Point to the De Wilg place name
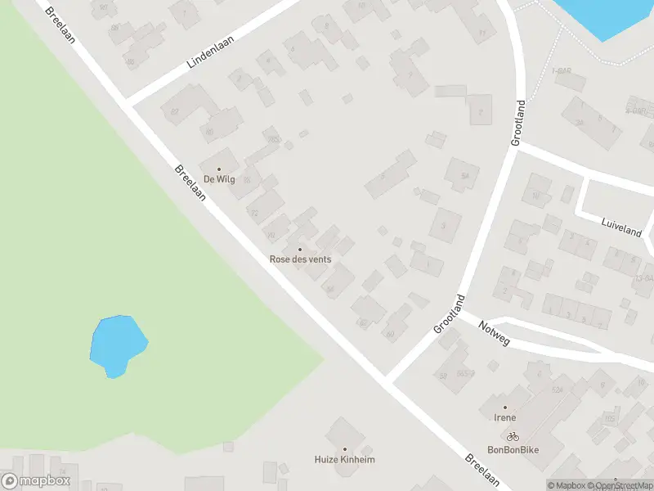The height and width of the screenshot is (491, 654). click(x=219, y=179)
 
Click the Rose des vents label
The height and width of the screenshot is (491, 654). click(x=300, y=259)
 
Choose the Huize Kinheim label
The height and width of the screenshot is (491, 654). click(x=344, y=460)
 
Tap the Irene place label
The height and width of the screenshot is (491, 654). click(x=504, y=417)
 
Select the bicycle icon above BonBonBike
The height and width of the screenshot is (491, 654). click(x=512, y=437)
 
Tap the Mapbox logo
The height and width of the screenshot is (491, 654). click(x=36, y=481)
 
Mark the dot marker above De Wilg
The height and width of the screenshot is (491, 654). click(x=219, y=169)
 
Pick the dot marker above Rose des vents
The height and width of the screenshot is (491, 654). click(x=300, y=250)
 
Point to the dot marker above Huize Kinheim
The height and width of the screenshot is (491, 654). click(x=344, y=449)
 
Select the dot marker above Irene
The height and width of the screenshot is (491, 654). click(x=504, y=408)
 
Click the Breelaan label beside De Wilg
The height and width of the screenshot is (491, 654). click(x=189, y=181)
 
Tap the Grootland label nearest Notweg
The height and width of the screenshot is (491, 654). click(x=449, y=313)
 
